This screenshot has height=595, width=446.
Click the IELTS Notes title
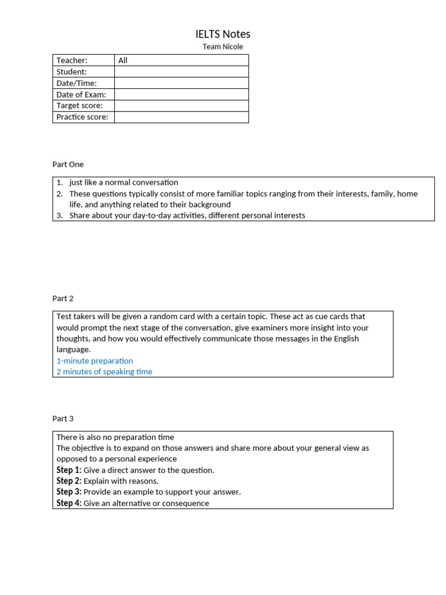coord(223,34)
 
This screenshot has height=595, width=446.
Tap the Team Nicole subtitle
coord(223,46)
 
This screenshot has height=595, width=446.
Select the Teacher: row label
coord(71,60)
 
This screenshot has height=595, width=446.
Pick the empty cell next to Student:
coord(181,71)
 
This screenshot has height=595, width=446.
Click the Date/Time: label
coord(76,83)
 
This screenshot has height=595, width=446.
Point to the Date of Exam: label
coord(81,94)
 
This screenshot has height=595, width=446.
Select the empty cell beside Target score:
coord(181,106)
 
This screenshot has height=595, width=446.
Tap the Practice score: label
coord(82,117)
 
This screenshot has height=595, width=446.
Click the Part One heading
coord(68,164)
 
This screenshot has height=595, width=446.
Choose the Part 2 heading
coord(63,299)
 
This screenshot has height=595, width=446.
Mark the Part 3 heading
coord(63,418)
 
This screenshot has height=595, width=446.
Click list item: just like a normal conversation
coord(124,182)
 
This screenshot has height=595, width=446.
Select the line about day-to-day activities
coord(187,216)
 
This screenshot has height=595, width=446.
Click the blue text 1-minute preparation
coord(95,361)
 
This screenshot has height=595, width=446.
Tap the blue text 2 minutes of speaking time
coord(105,372)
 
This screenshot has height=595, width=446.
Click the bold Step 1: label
coord(69,470)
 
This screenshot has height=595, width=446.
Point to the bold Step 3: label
coord(69,492)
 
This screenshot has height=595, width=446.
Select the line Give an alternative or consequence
coord(146,503)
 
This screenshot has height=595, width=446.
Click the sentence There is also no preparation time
coord(115,437)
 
